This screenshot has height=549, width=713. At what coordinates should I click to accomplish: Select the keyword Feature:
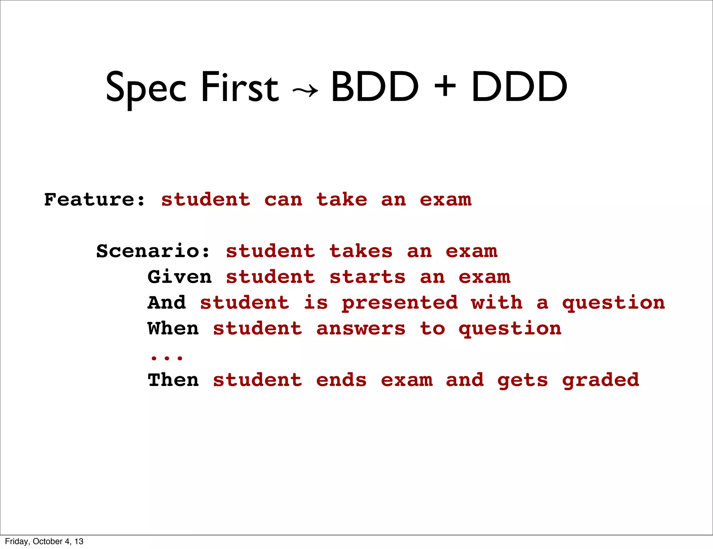94,200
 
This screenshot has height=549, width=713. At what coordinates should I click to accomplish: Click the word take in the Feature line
342,200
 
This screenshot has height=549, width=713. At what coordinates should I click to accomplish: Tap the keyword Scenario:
153,251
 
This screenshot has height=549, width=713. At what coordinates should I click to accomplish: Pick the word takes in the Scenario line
361,251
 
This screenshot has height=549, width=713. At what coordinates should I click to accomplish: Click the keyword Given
179,277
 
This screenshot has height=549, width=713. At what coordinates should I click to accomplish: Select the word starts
367,277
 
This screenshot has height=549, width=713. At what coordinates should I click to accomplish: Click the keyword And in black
166,302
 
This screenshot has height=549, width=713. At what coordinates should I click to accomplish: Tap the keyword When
173,328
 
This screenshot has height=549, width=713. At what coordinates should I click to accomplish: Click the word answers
361,328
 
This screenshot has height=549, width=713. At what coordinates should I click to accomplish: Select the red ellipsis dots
166,357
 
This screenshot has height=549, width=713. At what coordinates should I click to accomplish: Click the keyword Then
173,380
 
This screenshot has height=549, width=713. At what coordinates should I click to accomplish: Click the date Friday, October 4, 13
44,541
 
